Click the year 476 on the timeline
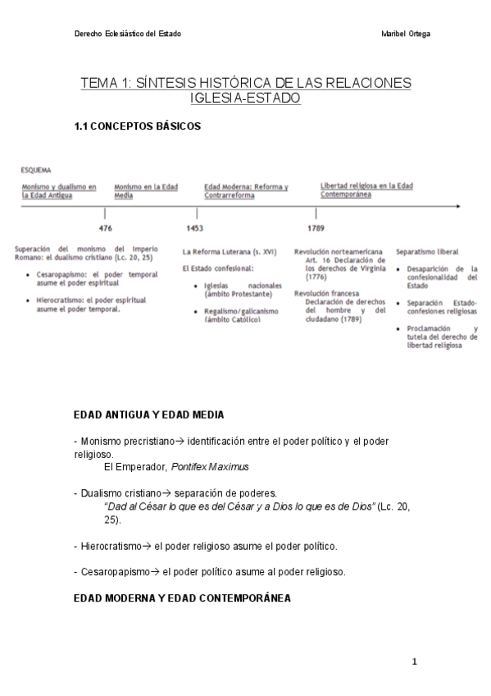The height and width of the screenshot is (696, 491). click(105, 227)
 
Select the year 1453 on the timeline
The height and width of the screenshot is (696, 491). click(194, 227)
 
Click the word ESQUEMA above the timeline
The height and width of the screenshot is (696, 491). click(36, 170)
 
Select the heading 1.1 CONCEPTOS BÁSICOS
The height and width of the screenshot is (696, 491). click(137, 126)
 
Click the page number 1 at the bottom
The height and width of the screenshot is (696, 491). click(415, 662)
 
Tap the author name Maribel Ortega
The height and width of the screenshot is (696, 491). click(407, 34)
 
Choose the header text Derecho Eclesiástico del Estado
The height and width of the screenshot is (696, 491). click(127, 34)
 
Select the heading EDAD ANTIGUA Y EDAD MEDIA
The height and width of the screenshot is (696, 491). click(148, 415)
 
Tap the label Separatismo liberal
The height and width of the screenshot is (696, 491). click(427, 251)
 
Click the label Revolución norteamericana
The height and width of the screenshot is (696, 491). click(338, 251)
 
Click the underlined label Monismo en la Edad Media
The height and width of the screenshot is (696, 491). click(147, 191)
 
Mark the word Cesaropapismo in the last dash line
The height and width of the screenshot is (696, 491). click(118, 571)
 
